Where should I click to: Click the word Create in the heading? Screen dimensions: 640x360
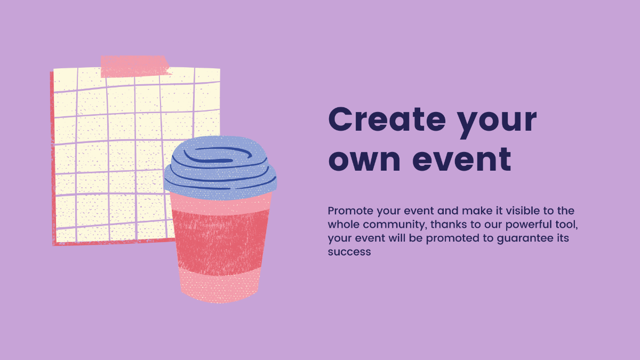(x=387, y=119)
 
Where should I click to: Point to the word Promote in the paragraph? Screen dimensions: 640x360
(x=350, y=211)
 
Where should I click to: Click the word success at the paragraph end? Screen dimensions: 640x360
(x=349, y=252)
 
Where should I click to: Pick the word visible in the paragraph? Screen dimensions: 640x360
(x=523, y=211)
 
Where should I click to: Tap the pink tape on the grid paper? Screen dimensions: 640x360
(x=134, y=67)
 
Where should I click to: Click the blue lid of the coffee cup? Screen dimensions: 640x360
(x=220, y=168)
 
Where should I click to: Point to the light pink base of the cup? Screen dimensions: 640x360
(x=220, y=286)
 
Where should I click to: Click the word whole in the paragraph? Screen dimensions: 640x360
(x=343, y=225)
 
